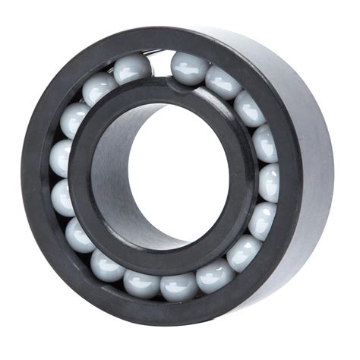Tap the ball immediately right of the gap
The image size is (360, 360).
pyautogui.click(x=188, y=67)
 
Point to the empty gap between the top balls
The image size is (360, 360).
pyautogui.click(x=160, y=63)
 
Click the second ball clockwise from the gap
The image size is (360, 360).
pyautogui.click(x=223, y=81)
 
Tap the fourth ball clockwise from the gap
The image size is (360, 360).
pyautogui.click(x=264, y=143)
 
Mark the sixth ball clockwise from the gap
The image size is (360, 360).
pyautogui.click(x=262, y=221)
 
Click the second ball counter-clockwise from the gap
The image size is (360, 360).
pyautogui.click(x=99, y=88)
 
